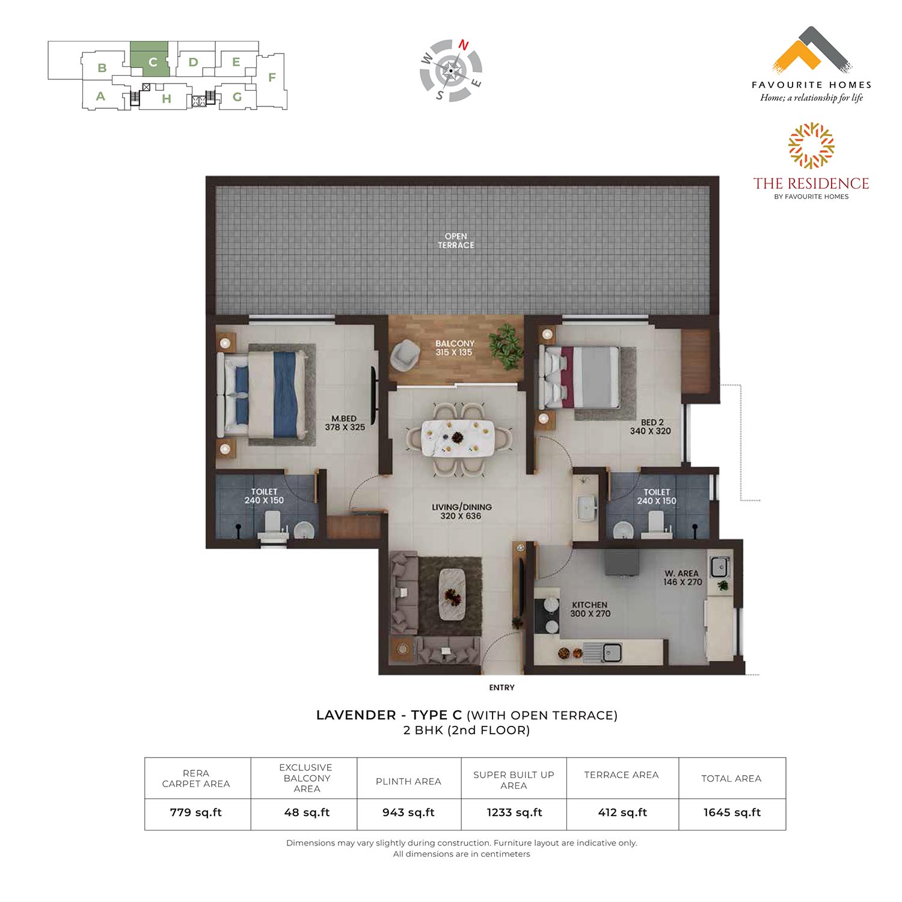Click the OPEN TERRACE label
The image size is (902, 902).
pos(456,241)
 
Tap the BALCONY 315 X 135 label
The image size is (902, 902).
pos(455,348)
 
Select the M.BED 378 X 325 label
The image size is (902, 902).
pos(345,423)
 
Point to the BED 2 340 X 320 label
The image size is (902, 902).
pos(650,426)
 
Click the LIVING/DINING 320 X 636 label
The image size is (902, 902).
pos(461,511)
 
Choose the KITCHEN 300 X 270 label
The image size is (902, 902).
pos(590,609)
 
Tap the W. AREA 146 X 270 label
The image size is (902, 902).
pos(683,577)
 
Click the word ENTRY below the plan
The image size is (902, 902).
pos(502,687)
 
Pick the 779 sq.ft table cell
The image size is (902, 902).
pos(196,812)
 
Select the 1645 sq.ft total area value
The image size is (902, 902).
pos(732,812)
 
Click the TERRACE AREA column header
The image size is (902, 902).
pos(621,775)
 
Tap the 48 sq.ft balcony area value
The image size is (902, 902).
pos(307,812)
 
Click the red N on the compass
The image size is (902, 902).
pos(464,44)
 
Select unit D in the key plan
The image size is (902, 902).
pos(193,62)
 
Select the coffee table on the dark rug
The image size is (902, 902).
pos(453,594)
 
